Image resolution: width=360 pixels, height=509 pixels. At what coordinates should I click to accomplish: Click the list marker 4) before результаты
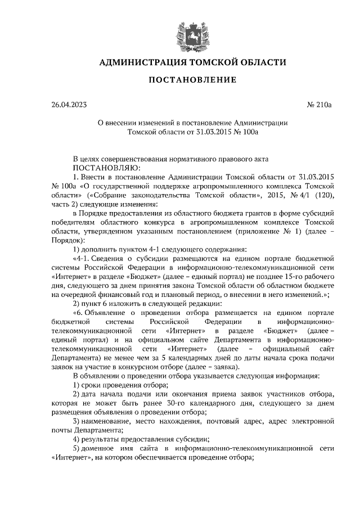78,439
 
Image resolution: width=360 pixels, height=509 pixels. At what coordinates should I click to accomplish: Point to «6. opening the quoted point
81,312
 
